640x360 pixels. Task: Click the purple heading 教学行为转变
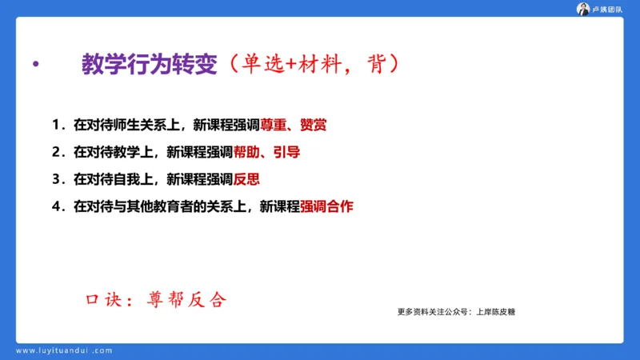click(x=150, y=64)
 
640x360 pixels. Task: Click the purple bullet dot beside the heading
click(x=34, y=65)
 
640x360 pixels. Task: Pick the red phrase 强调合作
click(x=326, y=206)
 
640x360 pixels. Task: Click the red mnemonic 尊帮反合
click(x=187, y=300)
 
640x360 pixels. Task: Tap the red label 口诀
click(x=103, y=300)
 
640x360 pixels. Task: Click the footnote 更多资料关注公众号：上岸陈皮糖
click(x=456, y=312)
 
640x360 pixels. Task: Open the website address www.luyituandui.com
click(x=64, y=350)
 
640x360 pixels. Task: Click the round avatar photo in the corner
click(x=583, y=9)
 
